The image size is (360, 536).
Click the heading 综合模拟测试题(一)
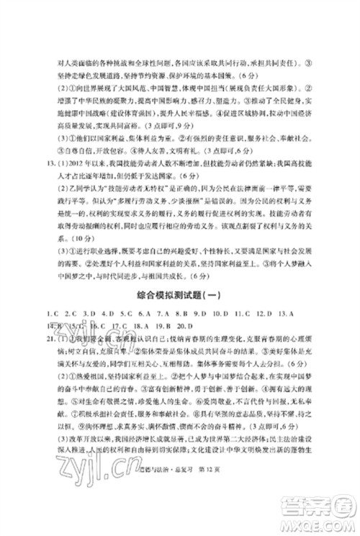tap(180, 294)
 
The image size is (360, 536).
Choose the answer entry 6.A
tap(145, 314)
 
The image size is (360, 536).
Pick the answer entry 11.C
tap(243, 314)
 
